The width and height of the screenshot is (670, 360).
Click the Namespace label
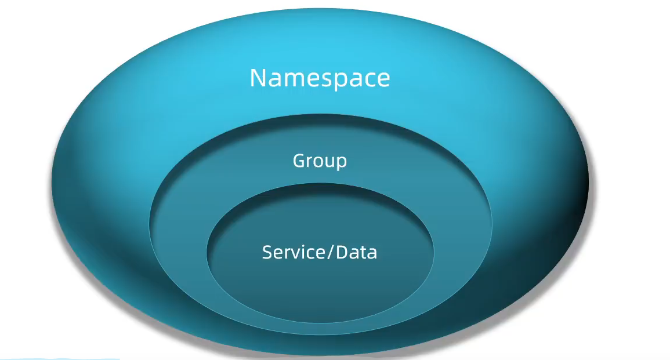coord(320,78)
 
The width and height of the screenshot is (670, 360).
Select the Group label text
coord(320,161)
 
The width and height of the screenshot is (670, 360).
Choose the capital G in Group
coord(299,160)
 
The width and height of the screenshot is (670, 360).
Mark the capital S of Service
coord(268,252)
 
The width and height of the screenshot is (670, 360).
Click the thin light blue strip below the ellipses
coord(58,358)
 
